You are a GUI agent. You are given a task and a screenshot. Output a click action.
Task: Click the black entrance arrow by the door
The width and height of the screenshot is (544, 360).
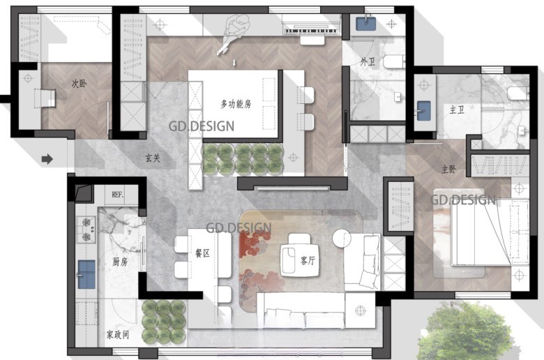[47, 160]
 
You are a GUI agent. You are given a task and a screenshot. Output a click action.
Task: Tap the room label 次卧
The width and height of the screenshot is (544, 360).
[79, 82]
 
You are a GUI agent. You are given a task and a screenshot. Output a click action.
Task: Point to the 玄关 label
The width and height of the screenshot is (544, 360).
[153, 158]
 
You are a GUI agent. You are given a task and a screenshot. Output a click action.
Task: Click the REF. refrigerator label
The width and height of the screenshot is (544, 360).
[118, 195]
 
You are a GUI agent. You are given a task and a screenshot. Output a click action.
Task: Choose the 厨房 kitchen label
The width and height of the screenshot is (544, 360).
[120, 262]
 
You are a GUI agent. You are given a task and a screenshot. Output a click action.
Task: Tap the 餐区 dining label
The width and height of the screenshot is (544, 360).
[202, 254]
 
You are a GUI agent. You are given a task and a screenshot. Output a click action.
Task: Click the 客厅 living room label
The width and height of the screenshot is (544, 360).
[308, 259]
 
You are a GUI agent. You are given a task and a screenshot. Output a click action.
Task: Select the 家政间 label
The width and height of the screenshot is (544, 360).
[118, 334]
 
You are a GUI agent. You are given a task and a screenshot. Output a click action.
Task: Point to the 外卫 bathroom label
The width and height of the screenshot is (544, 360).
[368, 61]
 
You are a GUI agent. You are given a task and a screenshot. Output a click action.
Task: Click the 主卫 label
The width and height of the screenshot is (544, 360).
[457, 110]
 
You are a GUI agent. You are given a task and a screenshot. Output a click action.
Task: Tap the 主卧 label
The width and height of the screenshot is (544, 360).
[448, 169]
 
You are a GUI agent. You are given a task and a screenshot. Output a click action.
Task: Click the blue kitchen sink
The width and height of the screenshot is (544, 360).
[86, 274]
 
